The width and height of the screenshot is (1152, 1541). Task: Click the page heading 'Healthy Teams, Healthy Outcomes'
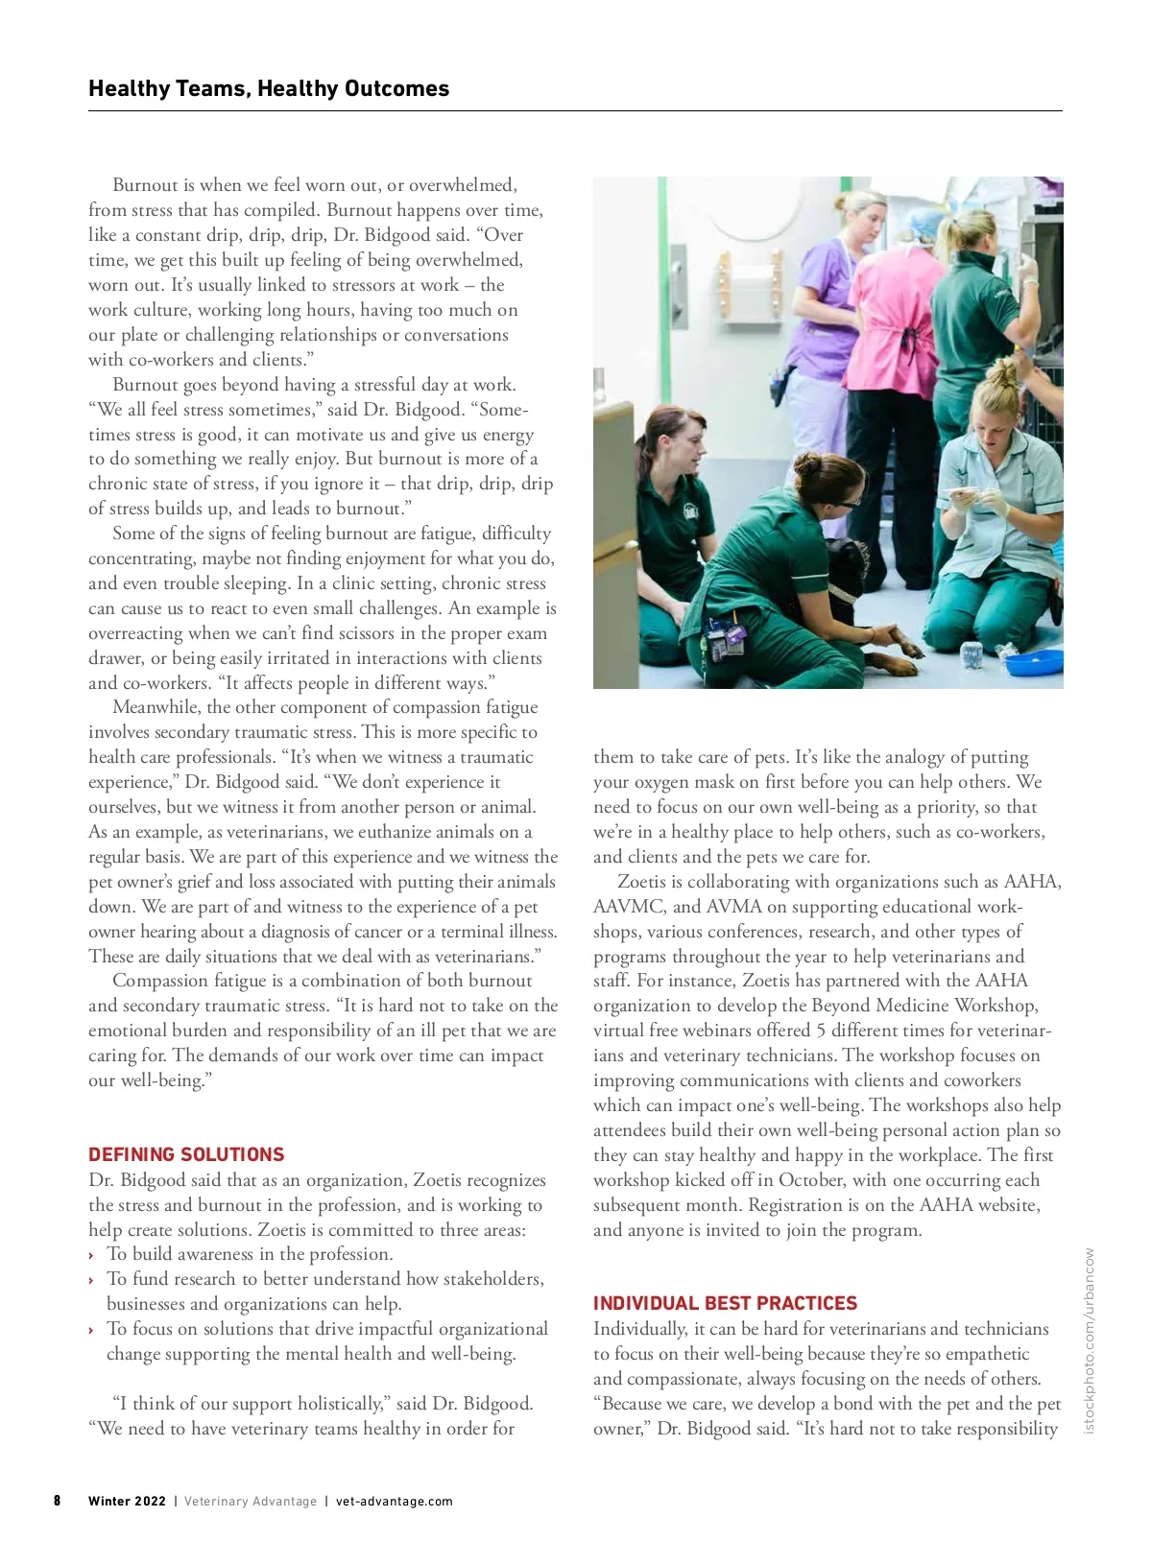[269, 89]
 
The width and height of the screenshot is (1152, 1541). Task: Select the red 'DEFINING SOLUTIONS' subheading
[186, 1154]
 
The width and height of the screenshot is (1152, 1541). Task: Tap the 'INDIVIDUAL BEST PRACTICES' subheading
[725, 1303]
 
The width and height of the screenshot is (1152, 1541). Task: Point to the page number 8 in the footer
[58, 1501]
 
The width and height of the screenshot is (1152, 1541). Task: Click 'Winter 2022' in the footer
[127, 1502]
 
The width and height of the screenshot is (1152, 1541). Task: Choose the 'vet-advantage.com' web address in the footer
[394, 1502]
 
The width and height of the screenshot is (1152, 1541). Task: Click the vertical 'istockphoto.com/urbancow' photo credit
[1089, 1340]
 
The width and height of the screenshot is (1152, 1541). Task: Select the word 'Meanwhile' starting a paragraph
[156, 707]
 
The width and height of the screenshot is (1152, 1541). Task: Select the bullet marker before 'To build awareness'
[91, 1255]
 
